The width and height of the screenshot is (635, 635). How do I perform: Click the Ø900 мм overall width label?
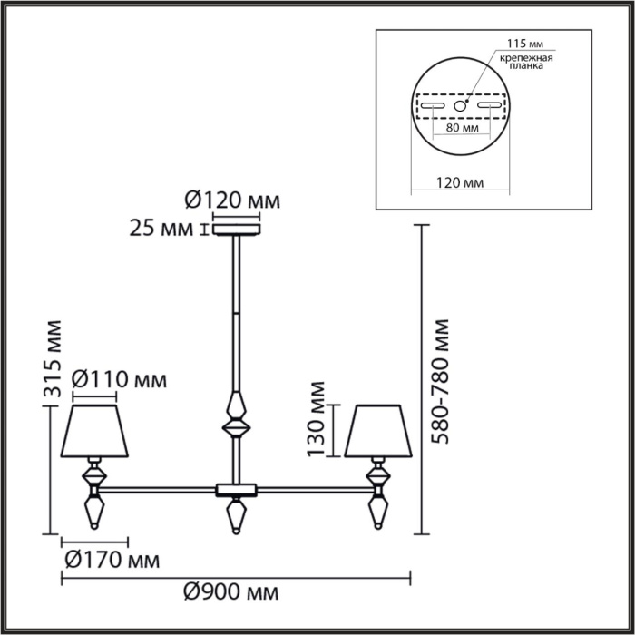[x=231, y=593]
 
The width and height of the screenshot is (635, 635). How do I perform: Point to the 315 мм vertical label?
[x=54, y=359]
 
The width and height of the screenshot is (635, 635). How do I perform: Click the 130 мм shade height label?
[x=317, y=427]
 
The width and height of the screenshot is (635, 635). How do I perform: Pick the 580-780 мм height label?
[x=442, y=381]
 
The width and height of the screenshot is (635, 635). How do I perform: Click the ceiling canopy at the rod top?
[x=236, y=229]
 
